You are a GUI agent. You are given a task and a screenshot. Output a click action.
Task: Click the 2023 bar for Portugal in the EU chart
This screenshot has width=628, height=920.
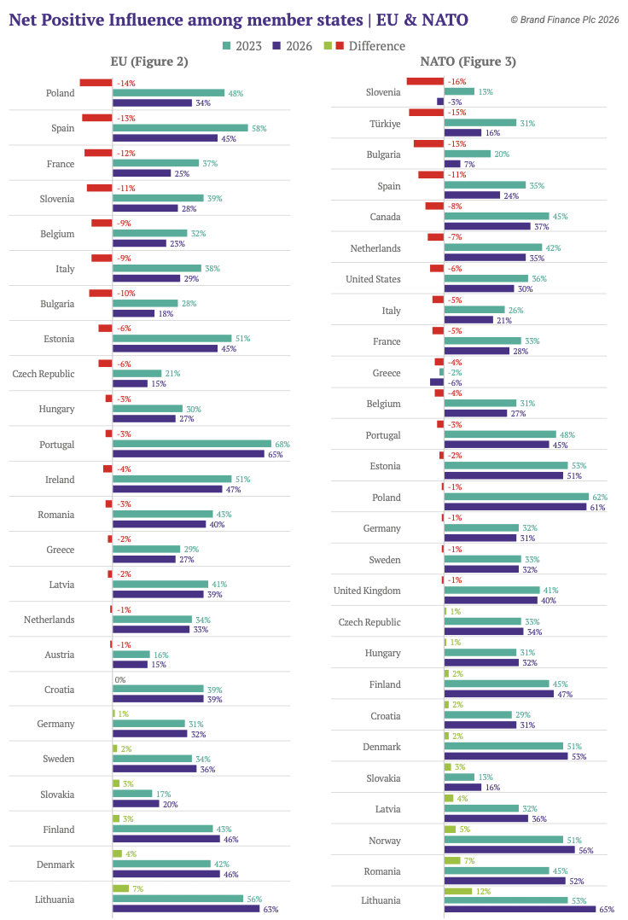(x=192, y=444)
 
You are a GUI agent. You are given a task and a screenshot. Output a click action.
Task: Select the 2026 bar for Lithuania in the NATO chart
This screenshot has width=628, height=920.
(x=520, y=910)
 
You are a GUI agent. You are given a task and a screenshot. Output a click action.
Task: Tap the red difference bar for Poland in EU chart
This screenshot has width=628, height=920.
(x=96, y=83)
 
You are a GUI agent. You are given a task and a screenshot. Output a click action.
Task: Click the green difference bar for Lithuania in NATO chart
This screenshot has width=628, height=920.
(x=457, y=891)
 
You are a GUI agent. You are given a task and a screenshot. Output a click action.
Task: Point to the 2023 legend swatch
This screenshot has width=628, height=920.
(x=226, y=46)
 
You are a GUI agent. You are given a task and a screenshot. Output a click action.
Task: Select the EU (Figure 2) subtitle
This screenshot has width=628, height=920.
(x=149, y=61)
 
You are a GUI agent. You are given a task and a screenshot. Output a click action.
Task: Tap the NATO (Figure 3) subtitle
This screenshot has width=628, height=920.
(x=468, y=61)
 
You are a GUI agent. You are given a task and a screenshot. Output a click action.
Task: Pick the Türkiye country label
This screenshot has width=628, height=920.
(x=384, y=123)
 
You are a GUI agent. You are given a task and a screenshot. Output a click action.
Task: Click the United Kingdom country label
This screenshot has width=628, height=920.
(x=367, y=591)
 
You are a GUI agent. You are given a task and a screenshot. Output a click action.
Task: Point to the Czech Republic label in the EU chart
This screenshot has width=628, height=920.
(x=44, y=374)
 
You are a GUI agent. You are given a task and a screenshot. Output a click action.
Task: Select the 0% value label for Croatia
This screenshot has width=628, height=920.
(x=120, y=680)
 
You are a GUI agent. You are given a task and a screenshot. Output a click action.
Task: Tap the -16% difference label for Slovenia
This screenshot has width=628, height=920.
(x=457, y=82)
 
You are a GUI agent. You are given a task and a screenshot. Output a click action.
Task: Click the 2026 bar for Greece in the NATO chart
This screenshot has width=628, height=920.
(x=437, y=382)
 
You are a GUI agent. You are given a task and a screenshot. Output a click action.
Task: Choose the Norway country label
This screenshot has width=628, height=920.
(x=385, y=841)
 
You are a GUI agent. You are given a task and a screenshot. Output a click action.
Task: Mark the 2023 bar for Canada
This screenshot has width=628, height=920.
(x=497, y=216)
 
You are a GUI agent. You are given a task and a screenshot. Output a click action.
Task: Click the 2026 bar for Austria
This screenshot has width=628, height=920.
(x=130, y=664)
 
